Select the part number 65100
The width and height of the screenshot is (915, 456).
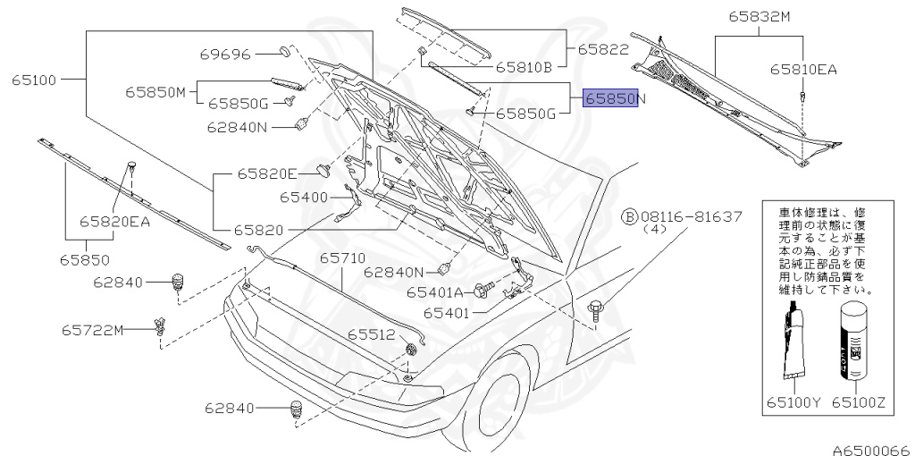pos(35,80)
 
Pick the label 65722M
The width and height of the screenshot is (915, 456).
pos(93,330)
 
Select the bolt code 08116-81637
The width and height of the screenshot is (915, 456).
pos(689,216)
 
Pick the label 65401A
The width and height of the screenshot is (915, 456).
pos(435,291)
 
